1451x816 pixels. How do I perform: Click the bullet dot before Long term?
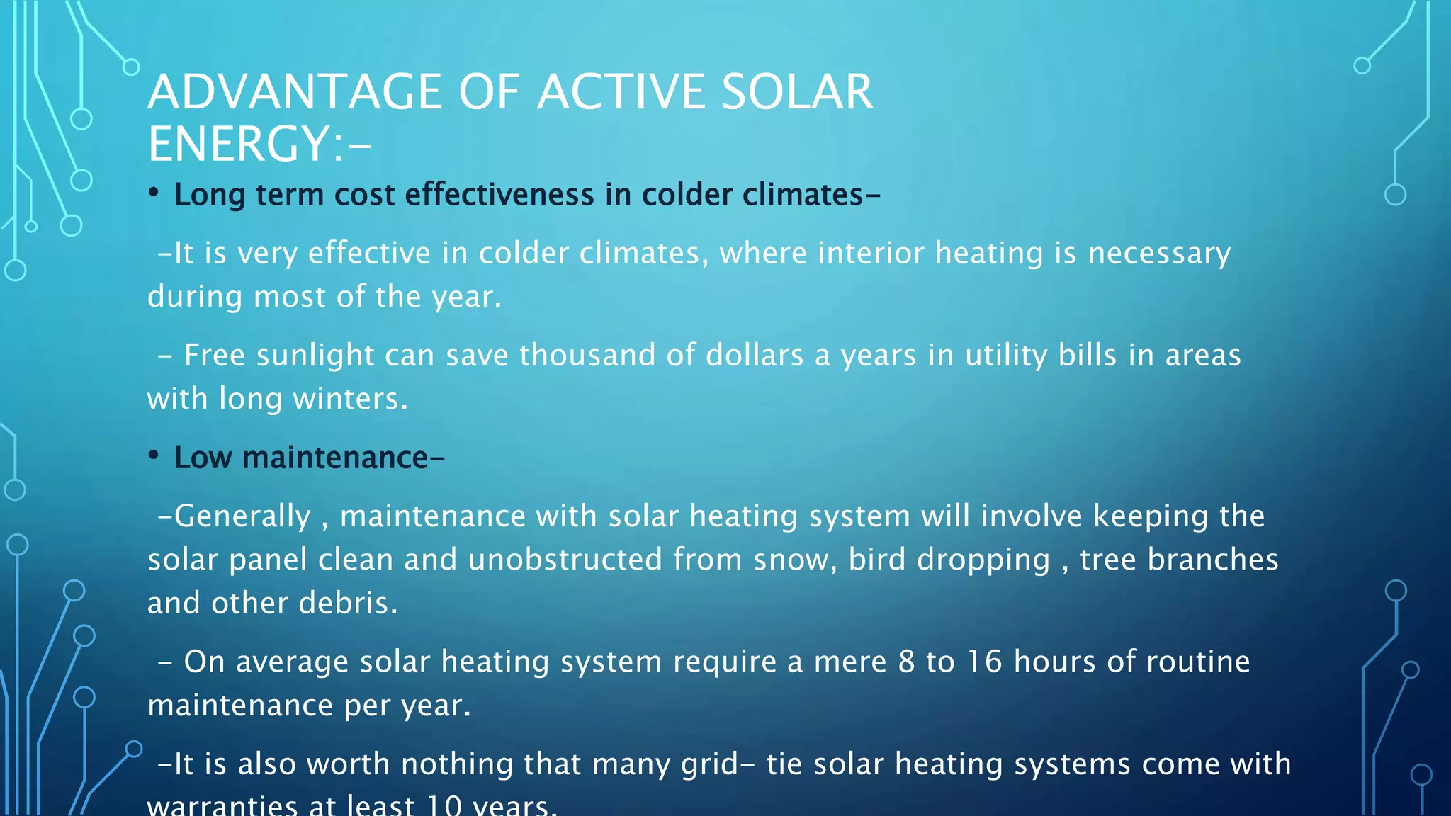pyautogui.click(x=153, y=193)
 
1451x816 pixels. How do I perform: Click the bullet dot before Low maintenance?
pyautogui.click(x=153, y=455)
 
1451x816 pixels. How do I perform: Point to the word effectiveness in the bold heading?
pyautogui.click(x=499, y=195)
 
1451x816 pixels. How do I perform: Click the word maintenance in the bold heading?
pyautogui.click(x=334, y=458)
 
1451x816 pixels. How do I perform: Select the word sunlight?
pyautogui.click(x=315, y=356)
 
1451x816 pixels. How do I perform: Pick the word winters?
pyautogui.click(x=350, y=399)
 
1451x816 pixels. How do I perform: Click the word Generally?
pyautogui.click(x=242, y=516)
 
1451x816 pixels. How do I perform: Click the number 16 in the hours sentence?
pyautogui.click(x=984, y=662)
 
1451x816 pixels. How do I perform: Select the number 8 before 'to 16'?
pyautogui.click(x=906, y=662)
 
